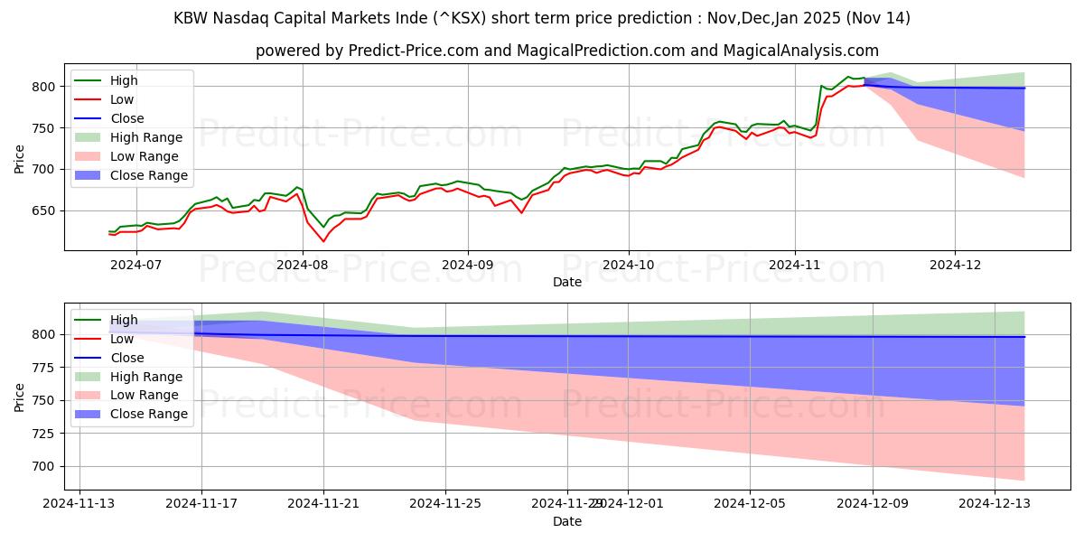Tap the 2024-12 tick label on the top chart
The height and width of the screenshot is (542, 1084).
pos(956,264)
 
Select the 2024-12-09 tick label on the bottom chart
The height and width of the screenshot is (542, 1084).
pos(873,503)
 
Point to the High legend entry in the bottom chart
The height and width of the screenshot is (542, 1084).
pos(125,320)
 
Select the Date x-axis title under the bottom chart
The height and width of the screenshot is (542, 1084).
pos(566,521)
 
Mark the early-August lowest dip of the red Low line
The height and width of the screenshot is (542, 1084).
pos(323,241)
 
